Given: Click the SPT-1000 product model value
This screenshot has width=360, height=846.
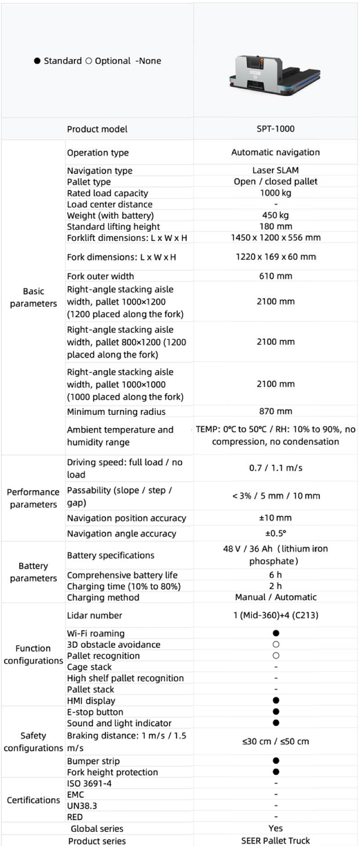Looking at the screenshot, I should pyautogui.click(x=275, y=129).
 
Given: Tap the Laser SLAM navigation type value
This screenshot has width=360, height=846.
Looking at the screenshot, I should pyautogui.click(x=275, y=170).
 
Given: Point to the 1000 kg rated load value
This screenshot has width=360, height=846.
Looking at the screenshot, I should pyautogui.click(x=275, y=193).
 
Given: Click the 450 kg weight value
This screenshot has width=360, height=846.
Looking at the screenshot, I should pyautogui.click(x=275, y=215).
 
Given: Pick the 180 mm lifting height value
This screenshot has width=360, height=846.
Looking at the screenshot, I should pyautogui.click(x=275, y=226).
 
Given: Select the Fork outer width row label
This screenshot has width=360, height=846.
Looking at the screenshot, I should pyautogui.click(x=100, y=276).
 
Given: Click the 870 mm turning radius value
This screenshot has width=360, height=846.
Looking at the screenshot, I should pyautogui.click(x=275, y=411).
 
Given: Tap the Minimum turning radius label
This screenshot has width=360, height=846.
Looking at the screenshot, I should pyautogui.click(x=116, y=412).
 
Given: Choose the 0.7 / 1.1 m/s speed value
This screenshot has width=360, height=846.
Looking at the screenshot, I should pyautogui.click(x=275, y=468).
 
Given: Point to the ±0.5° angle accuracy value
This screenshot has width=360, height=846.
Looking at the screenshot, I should pyautogui.click(x=275, y=533).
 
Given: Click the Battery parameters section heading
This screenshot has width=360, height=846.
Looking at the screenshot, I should pyautogui.click(x=33, y=572).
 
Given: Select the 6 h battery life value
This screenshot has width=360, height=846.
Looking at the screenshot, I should pyautogui.click(x=275, y=575).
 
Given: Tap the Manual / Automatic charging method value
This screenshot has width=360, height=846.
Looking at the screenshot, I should pyautogui.click(x=275, y=597).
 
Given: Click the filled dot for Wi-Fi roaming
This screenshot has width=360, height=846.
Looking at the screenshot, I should pyautogui.click(x=276, y=633).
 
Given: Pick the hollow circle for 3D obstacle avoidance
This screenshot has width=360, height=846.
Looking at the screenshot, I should pyautogui.click(x=276, y=644).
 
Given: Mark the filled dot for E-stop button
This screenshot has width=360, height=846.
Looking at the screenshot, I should pyautogui.click(x=276, y=712).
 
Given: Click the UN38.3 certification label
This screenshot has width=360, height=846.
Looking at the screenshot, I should pyautogui.click(x=82, y=805).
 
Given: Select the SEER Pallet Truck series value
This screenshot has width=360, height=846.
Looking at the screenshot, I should pyautogui.click(x=275, y=841).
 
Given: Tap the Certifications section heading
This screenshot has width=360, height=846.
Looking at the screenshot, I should pyautogui.click(x=33, y=800).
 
